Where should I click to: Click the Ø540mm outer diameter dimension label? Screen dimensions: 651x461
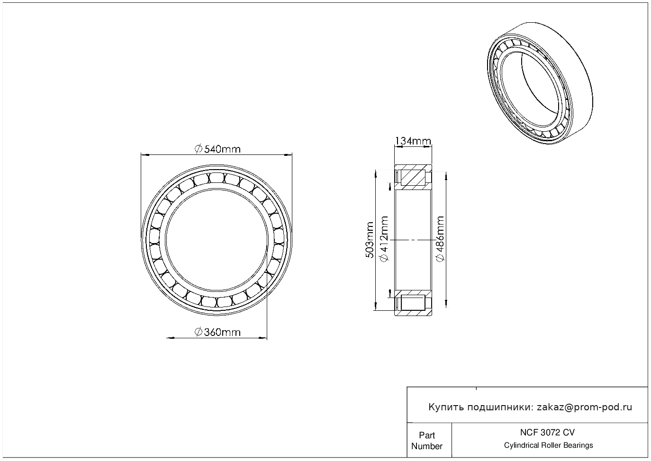point(217,149)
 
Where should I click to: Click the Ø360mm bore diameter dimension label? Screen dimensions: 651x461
point(217,332)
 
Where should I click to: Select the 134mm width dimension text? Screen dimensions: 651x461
point(413,141)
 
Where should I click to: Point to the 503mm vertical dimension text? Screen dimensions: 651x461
point(369,240)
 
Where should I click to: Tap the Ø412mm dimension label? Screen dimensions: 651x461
point(384,239)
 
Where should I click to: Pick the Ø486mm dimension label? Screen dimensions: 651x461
point(440,239)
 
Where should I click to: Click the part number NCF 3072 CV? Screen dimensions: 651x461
point(548,433)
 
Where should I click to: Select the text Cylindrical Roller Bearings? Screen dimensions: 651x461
point(548,445)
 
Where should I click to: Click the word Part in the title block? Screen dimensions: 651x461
point(427,435)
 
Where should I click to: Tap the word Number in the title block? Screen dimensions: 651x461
point(427,446)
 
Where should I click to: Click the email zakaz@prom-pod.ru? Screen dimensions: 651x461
point(585,407)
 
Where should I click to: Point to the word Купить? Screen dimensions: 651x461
point(446,407)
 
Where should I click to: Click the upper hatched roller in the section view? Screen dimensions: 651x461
point(413,178)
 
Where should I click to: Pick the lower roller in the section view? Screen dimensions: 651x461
point(413,303)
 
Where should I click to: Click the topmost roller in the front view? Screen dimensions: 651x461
point(217,178)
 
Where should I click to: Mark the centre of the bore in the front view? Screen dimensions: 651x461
point(217,240)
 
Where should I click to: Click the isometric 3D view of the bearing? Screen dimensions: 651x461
point(540,83)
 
